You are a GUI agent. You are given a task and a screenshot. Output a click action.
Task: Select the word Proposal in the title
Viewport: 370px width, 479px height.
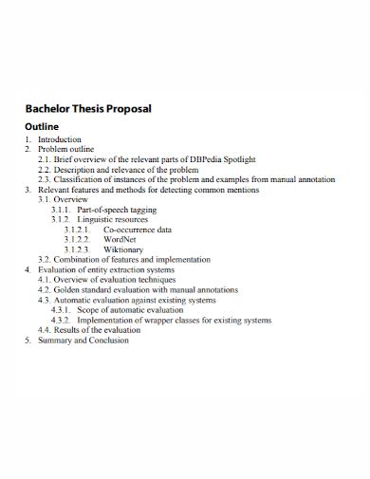128,109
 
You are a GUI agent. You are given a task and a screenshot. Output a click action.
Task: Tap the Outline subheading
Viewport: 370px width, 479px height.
41,126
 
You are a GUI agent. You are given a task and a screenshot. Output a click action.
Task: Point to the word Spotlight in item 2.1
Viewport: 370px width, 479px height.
236,159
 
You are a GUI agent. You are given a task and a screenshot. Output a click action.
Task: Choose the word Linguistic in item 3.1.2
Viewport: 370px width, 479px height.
98,219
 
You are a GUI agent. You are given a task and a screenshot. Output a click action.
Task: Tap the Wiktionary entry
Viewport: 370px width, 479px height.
124,249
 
